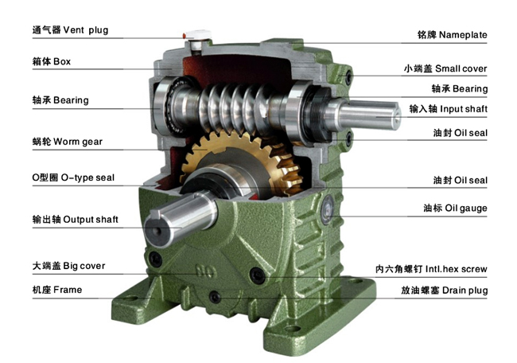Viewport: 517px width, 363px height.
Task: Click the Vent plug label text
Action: coord(70,30)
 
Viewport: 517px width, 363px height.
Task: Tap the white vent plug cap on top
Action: coord(198,35)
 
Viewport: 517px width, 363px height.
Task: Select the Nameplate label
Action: coord(452,35)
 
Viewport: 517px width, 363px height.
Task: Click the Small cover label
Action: coord(445,68)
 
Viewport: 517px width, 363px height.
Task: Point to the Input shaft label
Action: coord(448,109)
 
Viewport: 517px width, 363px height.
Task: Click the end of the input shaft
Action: coord(395,115)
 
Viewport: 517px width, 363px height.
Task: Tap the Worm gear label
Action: coord(68,142)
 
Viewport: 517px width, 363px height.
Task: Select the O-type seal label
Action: coord(73,178)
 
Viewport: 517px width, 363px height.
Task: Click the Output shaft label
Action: coord(76,220)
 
